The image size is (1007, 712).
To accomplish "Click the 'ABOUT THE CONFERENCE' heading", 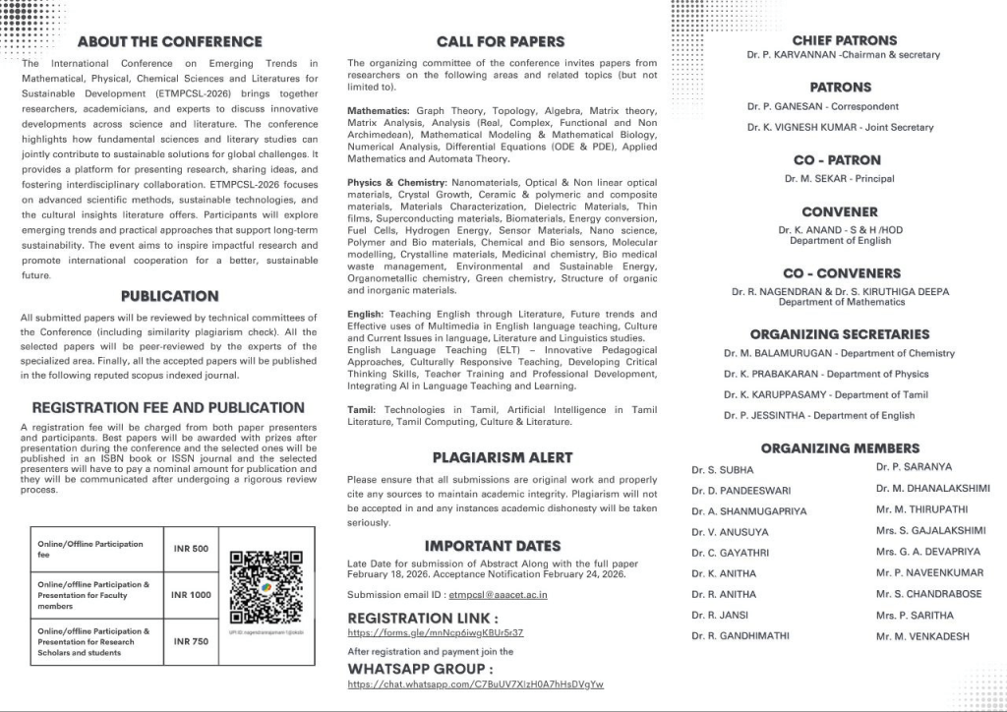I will (x=169, y=41).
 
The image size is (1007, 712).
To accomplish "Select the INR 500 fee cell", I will (x=192, y=549).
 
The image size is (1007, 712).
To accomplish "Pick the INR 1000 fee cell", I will (x=191, y=595).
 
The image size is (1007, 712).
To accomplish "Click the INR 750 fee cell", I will (x=192, y=641).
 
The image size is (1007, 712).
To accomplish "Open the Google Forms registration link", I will (x=436, y=633).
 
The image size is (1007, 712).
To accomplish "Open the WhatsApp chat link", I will (x=476, y=684).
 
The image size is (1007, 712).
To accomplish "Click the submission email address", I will (x=498, y=595).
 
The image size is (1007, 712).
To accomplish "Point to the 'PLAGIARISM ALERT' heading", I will (x=502, y=457).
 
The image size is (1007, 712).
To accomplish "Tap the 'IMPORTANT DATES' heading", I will (x=493, y=546).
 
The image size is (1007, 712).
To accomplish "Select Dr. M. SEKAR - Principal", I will (x=839, y=179).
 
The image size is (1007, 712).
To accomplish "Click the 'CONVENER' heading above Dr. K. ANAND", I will (x=839, y=211).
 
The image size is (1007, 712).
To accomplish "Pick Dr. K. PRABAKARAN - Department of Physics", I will (x=826, y=374).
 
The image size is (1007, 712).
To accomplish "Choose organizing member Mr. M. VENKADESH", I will (x=922, y=636).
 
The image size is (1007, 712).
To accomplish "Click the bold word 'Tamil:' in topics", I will (x=362, y=409).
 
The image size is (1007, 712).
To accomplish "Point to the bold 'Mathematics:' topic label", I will (x=379, y=111).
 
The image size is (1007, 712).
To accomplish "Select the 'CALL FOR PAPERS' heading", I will (x=501, y=41).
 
